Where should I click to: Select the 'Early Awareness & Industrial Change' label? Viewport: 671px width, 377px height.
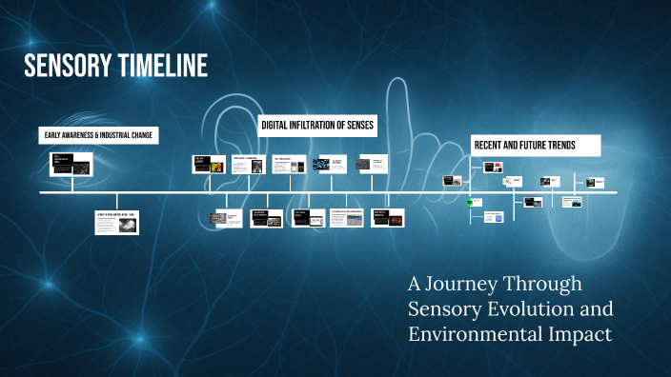point(98,136)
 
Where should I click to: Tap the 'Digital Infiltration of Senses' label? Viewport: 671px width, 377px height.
point(318,125)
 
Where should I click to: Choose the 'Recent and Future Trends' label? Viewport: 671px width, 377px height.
point(537,146)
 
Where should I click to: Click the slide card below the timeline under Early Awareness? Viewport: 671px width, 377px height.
point(116,222)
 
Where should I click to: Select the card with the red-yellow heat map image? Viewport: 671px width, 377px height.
point(210,164)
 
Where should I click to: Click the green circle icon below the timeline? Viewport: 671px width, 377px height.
point(470,202)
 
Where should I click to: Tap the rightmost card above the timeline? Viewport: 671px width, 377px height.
point(596,182)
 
